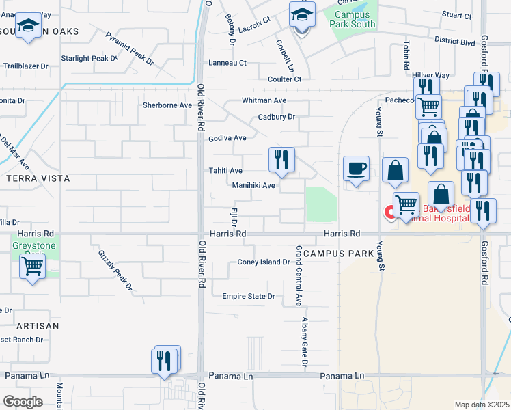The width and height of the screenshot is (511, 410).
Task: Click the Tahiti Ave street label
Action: point(225,170)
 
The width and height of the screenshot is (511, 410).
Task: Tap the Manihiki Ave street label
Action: point(253,185)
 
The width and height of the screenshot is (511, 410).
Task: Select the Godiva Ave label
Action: point(227,138)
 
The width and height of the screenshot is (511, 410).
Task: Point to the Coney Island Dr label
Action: point(264,262)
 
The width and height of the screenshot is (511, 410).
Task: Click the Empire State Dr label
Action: point(249,296)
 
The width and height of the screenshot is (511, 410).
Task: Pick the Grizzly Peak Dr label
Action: point(114,270)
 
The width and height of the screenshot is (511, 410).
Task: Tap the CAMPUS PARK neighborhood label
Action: point(332,253)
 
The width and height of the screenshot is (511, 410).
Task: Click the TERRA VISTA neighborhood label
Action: point(38,178)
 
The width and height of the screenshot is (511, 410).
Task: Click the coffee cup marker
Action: point(356,167)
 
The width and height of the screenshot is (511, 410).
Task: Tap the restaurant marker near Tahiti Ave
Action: point(281,160)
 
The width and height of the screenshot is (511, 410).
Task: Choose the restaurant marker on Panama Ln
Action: point(165,359)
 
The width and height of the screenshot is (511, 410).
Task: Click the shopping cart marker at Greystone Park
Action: point(32,266)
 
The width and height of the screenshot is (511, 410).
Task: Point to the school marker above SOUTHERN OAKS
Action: point(28,26)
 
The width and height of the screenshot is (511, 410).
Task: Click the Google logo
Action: point(23,401)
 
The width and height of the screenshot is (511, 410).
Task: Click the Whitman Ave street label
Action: point(264,100)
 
